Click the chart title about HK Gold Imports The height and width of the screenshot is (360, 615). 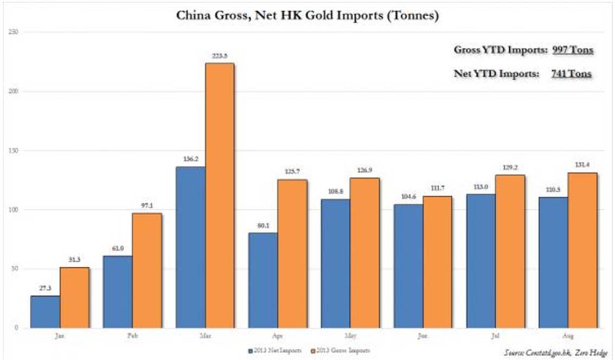[307, 16]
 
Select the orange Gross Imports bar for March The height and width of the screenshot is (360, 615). [220, 195]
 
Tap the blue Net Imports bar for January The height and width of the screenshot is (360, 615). [45, 311]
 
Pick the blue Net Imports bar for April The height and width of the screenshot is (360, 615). [263, 280]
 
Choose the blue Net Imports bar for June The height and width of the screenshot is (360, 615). [408, 266]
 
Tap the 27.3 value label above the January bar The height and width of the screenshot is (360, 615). [45, 289]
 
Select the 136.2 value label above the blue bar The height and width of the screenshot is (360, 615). [190, 160]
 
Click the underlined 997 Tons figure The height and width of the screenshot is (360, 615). [572, 50]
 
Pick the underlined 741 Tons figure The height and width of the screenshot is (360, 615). [571, 74]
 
